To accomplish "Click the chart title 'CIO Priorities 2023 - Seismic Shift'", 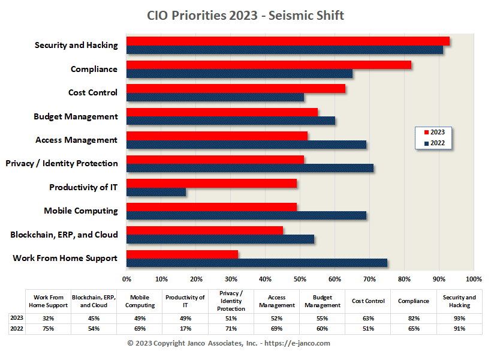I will coord(245,16).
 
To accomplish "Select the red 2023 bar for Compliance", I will coord(269,65).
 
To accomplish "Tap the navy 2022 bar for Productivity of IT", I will coord(156,192).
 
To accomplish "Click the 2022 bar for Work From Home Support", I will coord(257,263).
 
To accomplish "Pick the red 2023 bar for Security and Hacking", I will coord(288,41).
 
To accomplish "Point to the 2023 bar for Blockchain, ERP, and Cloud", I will coord(204,230).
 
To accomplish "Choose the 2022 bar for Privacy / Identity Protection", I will coord(250,168).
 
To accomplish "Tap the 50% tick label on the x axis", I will coord(300,279).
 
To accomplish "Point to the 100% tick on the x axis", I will coord(473,279).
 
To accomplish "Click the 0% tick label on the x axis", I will coord(126,279).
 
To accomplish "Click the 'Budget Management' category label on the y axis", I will coord(76,116).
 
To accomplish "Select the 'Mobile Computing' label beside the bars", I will coord(80,211).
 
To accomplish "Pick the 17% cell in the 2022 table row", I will coord(185,329).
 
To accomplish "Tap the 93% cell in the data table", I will coord(459,319).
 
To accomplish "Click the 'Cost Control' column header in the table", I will coord(368,301).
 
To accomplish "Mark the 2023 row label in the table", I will coord(16,319).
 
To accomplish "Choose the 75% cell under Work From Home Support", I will coord(49,329).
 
